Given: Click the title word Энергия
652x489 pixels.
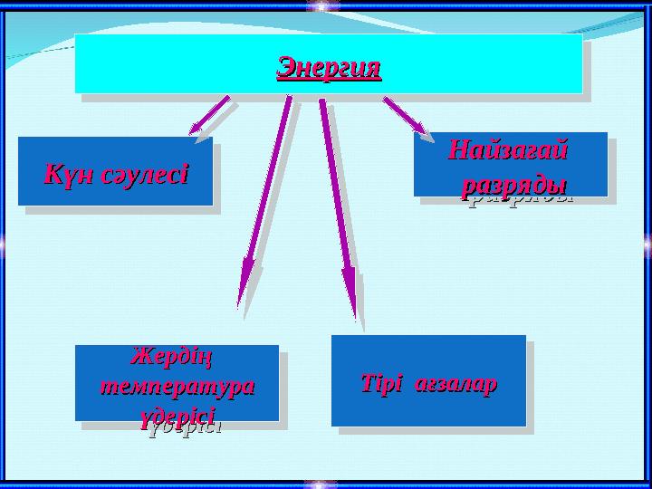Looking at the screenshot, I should [x=329, y=67].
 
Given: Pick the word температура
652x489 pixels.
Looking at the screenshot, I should [x=176, y=385].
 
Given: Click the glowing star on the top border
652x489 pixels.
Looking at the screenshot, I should [x=321, y=7].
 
